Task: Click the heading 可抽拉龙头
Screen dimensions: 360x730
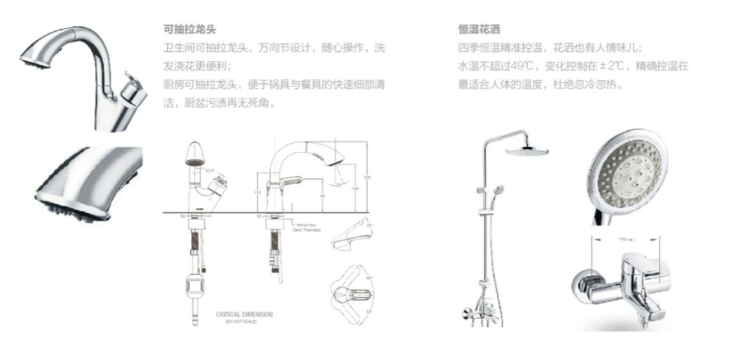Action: click(189, 30)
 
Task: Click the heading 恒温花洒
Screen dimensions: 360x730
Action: click(478, 30)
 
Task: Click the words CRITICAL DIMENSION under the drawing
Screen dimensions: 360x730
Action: click(244, 315)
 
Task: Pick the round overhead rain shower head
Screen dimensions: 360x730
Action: click(526, 152)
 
